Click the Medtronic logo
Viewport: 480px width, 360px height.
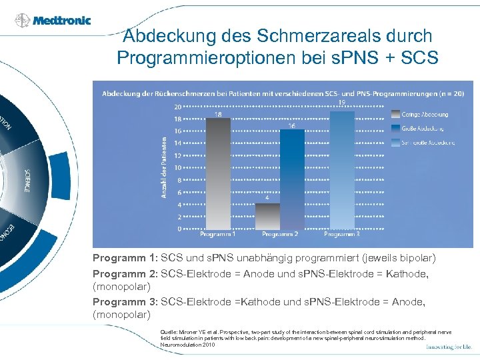coord(53,20)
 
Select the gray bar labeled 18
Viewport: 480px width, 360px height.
coord(218,173)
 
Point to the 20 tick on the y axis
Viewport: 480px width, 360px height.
coord(177,107)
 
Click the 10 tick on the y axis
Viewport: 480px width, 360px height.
coord(177,168)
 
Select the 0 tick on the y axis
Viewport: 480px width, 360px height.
coord(178,229)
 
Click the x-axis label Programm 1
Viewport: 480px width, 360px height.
coord(219,235)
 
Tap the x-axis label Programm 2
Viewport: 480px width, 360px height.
coord(280,235)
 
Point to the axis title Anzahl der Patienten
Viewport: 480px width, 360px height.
coord(164,167)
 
